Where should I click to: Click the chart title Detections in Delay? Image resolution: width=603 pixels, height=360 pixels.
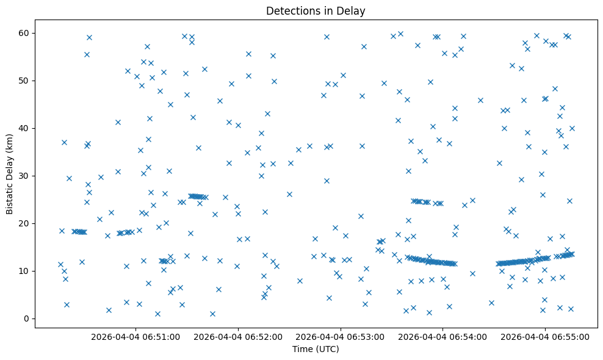click(x=316, y=10)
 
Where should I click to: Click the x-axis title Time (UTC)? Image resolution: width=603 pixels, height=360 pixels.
click(x=316, y=350)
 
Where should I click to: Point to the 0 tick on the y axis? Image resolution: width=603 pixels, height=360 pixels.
click(x=27, y=319)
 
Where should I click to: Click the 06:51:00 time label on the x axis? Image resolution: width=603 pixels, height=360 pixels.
click(x=135, y=336)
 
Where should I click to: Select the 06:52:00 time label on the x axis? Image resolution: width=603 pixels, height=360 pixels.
click(x=238, y=336)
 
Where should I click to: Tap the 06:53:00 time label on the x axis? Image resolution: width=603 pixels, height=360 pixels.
click(x=340, y=336)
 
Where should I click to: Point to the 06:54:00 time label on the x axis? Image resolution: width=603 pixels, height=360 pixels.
click(x=442, y=336)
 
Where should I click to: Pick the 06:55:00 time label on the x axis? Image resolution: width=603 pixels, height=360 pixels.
click(x=544, y=336)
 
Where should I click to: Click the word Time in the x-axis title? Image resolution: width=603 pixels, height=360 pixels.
click(x=301, y=350)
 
